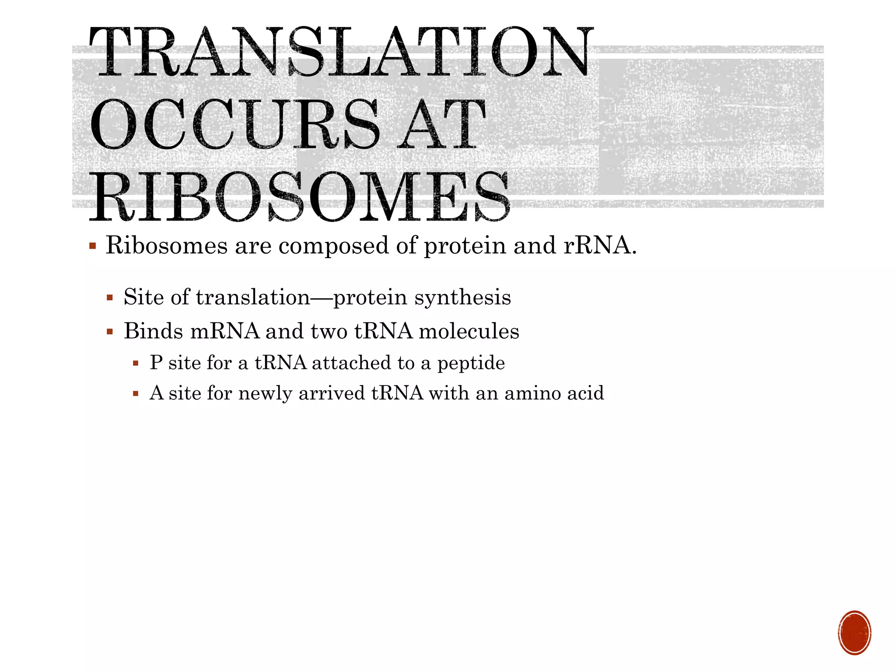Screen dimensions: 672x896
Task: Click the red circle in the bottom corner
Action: (854, 633)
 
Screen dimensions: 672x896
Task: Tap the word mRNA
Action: (225, 331)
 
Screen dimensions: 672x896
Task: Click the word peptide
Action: (471, 363)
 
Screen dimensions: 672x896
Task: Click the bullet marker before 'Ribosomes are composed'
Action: (92, 245)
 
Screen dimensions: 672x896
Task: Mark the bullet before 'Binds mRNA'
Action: (110, 332)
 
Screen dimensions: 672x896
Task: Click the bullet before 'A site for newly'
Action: (136, 394)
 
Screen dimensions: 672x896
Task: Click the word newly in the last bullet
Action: (265, 393)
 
